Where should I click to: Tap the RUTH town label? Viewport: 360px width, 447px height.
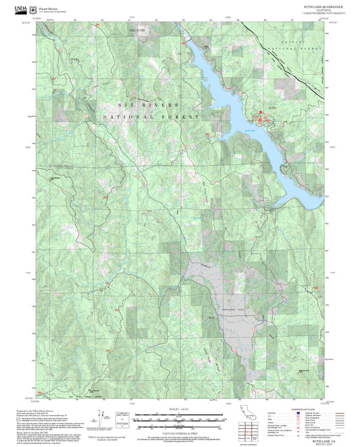click(x=272, y=108)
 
